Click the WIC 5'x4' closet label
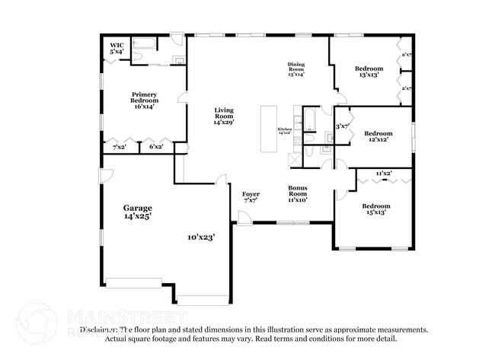(x=117, y=48)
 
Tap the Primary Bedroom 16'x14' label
(x=144, y=100)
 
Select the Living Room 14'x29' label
(x=223, y=116)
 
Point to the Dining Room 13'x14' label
(x=296, y=69)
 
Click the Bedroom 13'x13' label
(x=369, y=72)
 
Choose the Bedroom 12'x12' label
(x=378, y=136)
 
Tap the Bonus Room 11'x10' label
(x=297, y=193)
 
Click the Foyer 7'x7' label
(x=251, y=197)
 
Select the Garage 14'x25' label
(x=138, y=212)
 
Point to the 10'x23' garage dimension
(x=200, y=237)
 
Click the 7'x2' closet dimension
(x=120, y=146)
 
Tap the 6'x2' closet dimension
(x=156, y=146)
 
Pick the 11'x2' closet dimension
(x=384, y=174)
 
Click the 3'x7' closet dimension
(x=342, y=126)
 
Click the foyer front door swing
(x=244, y=219)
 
